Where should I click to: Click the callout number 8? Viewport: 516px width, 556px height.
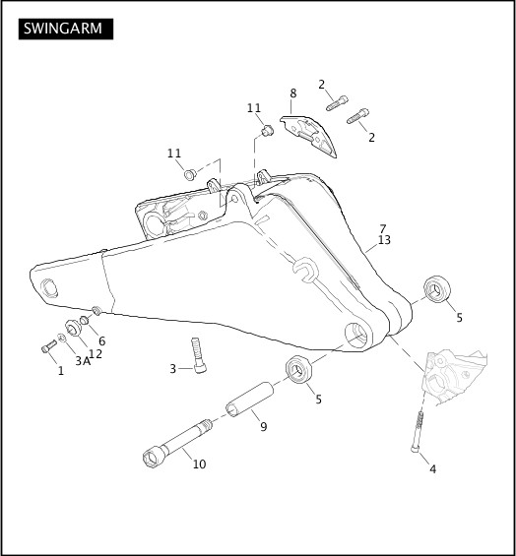(292, 93)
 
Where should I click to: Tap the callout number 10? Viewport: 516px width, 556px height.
(199, 463)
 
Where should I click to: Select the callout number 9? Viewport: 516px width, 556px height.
(263, 426)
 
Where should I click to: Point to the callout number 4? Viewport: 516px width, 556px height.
(432, 469)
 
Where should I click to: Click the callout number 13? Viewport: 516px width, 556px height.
(384, 240)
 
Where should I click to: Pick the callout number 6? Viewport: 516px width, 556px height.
(101, 341)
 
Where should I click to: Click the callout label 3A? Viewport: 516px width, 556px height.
(83, 361)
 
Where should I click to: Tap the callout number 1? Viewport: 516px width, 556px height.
(61, 371)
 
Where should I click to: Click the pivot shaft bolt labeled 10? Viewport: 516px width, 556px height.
(177, 444)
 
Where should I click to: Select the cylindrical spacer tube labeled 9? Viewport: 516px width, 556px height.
(250, 400)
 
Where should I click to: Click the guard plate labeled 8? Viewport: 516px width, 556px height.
(308, 136)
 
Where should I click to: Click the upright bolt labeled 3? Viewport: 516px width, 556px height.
(198, 355)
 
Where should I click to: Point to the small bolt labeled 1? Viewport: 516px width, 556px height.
(49, 346)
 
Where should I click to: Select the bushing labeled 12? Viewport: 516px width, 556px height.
(73, 329)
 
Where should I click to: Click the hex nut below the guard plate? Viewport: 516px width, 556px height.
(267, 131)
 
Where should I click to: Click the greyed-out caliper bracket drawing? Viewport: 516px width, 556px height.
(455, 378)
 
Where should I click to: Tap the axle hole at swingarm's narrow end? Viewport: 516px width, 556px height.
(49, 288)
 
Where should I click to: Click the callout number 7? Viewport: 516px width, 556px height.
(382, 229)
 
